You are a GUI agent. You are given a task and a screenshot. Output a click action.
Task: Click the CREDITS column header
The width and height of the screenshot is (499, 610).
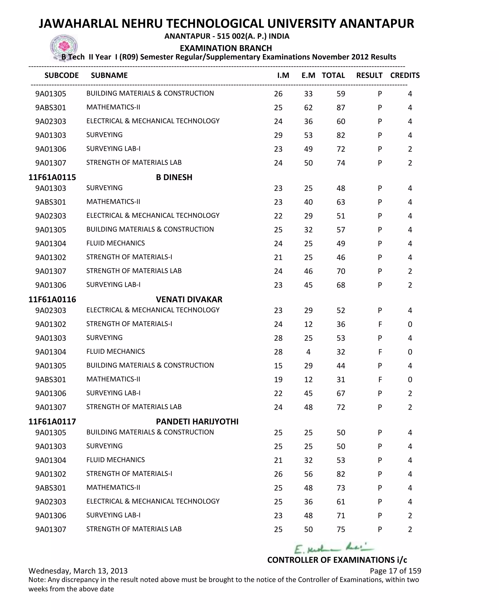[405, 75]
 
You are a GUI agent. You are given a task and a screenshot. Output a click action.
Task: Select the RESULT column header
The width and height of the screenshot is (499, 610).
[369, 75]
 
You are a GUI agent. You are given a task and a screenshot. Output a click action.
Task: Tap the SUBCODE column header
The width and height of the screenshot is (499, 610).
[61, 75]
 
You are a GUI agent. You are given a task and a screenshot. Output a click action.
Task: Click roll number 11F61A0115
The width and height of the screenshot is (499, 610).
[52, 177]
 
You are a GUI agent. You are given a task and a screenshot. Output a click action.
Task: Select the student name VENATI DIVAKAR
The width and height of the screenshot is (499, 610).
[189, 299]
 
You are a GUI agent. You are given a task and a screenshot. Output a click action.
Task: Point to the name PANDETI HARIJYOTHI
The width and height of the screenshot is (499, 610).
[197, 421]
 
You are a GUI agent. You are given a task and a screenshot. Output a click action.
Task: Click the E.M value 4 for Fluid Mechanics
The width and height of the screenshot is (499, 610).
[308, 352]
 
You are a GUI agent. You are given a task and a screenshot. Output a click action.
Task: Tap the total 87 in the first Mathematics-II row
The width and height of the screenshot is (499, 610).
[341, 107]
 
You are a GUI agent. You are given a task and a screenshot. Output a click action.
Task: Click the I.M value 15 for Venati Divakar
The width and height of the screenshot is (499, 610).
[278, 366]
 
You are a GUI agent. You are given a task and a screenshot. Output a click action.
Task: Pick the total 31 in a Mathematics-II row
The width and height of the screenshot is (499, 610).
[341, 379]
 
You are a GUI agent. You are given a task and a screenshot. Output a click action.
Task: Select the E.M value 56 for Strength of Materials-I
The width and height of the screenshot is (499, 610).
[308, 474]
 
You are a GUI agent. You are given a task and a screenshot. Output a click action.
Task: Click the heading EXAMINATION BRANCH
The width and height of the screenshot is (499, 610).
[226, 48]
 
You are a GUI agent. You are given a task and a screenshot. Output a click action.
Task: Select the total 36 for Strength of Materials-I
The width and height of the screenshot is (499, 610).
[341, 324]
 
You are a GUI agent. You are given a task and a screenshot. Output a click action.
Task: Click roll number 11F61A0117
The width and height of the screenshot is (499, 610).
[52, 421]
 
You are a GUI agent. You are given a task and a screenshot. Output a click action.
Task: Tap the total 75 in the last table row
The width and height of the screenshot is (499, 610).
[341, 529]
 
